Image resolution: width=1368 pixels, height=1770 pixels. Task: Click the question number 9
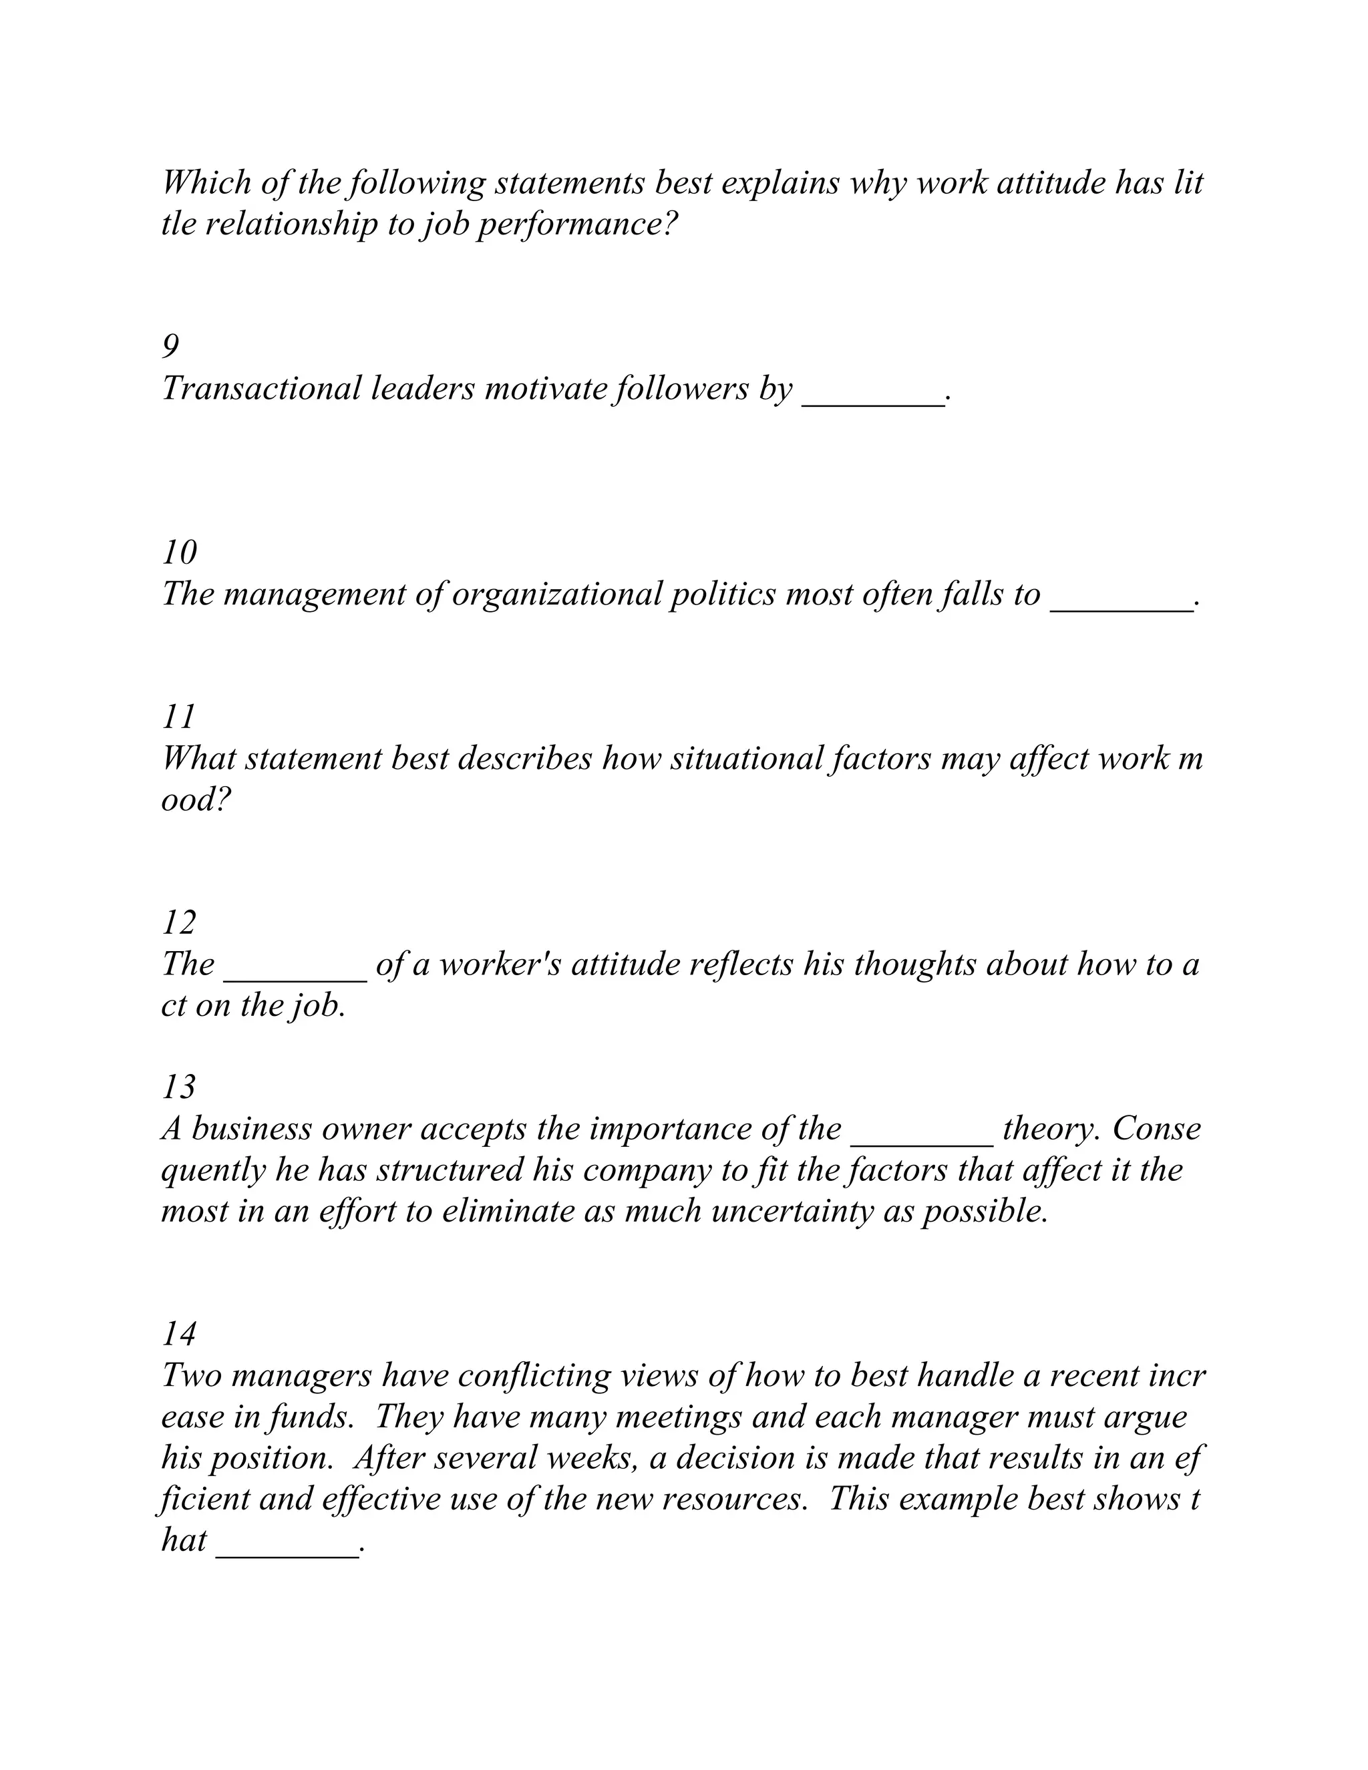[170, 347]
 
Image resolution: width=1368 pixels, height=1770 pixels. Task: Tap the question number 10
[179, 553]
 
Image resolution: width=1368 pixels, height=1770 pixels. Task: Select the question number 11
[178, 717]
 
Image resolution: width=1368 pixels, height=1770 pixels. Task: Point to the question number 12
[179, 923]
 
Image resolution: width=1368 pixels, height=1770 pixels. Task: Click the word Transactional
[262, 389]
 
